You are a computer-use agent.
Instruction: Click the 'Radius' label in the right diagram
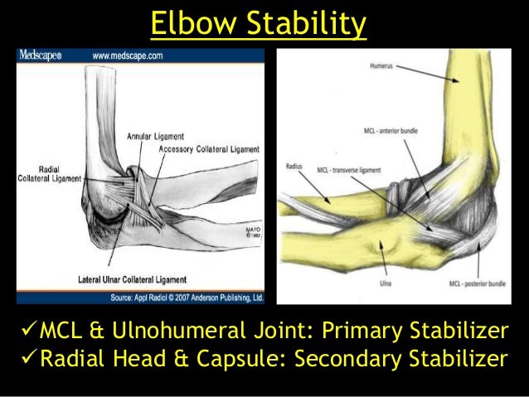click(293, 165)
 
